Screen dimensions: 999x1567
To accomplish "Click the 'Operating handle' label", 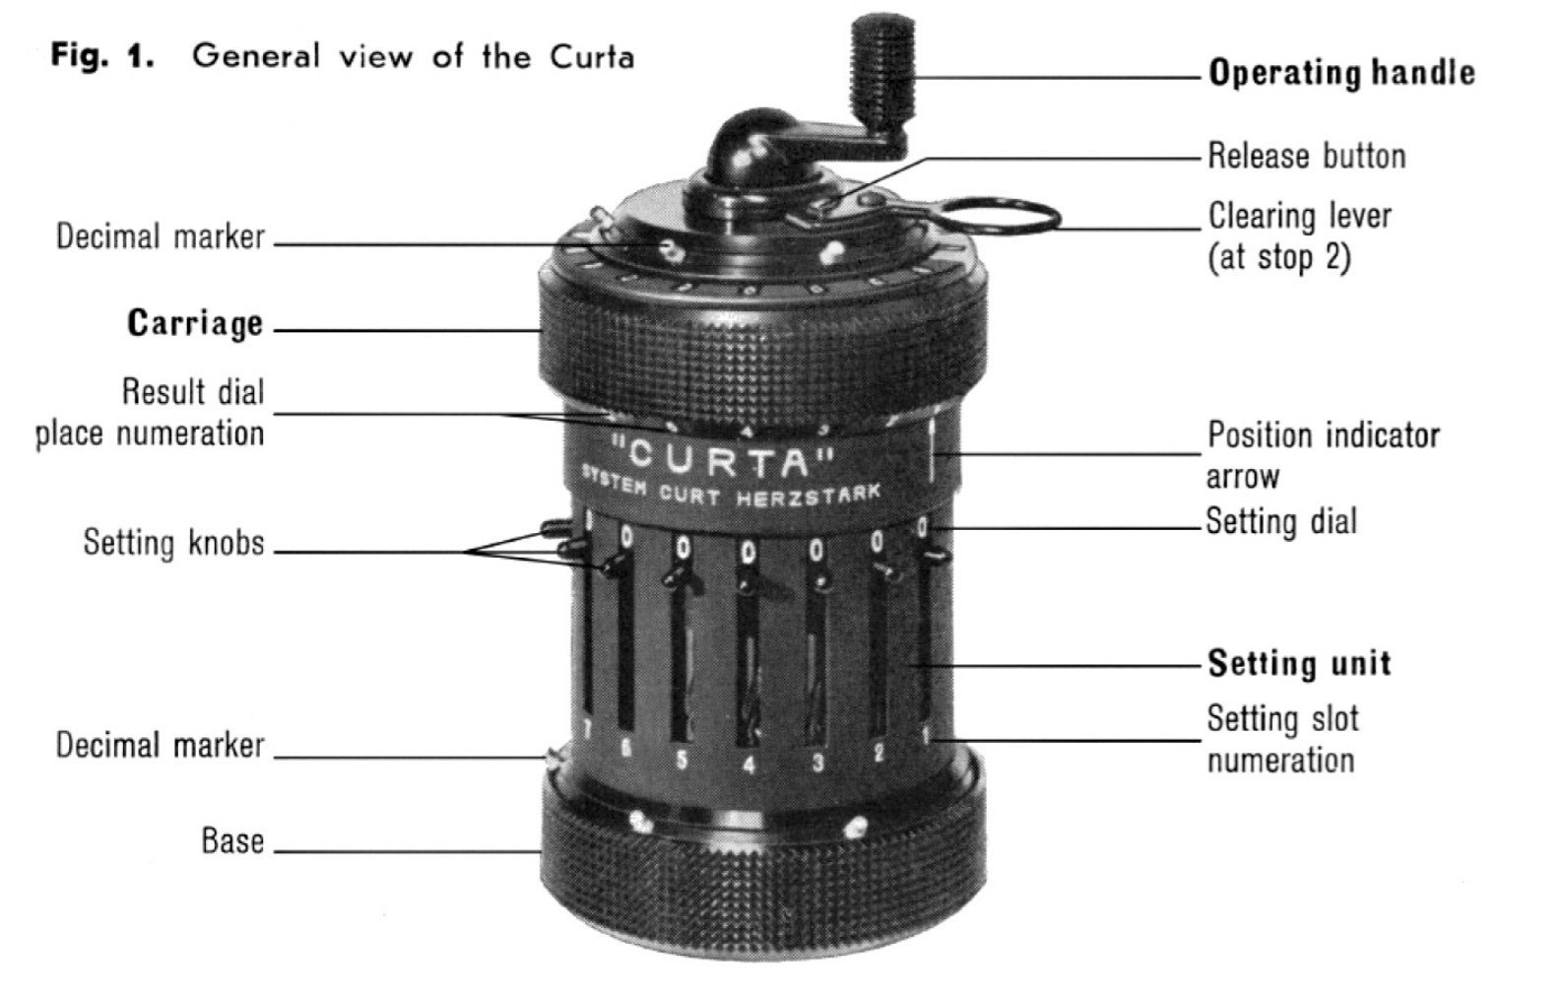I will (x=1340, y=73).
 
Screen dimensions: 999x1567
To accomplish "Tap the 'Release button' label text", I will (x=1306, y=156).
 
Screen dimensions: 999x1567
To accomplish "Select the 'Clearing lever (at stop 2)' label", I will (x=1298, y=236).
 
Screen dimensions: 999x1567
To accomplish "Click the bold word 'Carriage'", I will (x=195, y=323).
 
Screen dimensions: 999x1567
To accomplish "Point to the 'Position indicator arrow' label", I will (x=1322, y=455).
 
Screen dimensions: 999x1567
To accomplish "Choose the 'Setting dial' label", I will (x=1281, y=521).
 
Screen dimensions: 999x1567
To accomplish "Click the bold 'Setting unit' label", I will (x=1299, y=663).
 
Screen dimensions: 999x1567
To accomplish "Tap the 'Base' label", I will (x=232, y=840).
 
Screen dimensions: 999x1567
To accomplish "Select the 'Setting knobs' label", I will (x=173, y=543).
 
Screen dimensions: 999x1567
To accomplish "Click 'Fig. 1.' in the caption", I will (x=102, y=55).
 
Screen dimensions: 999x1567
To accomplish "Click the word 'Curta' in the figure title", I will (x=591, y=56).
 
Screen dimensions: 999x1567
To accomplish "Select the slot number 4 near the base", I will (x=749, y=764).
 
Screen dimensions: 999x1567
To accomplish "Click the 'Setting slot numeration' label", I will (x=1281, y=739).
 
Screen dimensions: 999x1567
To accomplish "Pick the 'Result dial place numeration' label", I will (x=151, y=412).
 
